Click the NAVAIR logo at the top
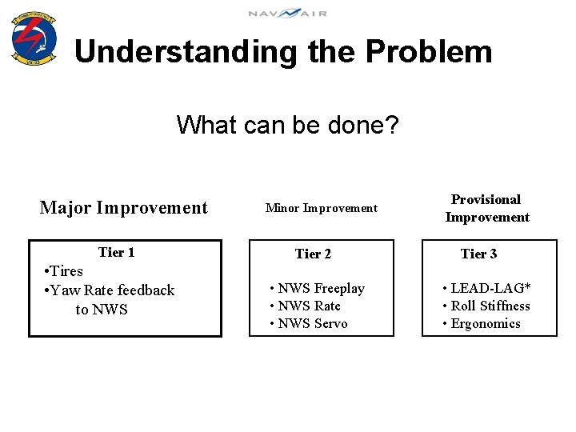point(287,14)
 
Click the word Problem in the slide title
point(429,52)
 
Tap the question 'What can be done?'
point(288,125)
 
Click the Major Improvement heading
point(123,208)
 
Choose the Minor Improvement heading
point(321,208)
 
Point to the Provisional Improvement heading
point(486,208)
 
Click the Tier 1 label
point(116,253)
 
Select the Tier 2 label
point(313,254)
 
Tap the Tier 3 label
point(478,254)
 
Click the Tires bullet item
point(63,271)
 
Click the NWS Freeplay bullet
point(317,289)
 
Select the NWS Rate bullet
point(305,306)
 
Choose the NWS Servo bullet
point(309,324)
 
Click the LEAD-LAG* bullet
point(486,289)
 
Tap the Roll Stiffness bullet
point(486,306)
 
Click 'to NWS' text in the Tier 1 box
point(102,310)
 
